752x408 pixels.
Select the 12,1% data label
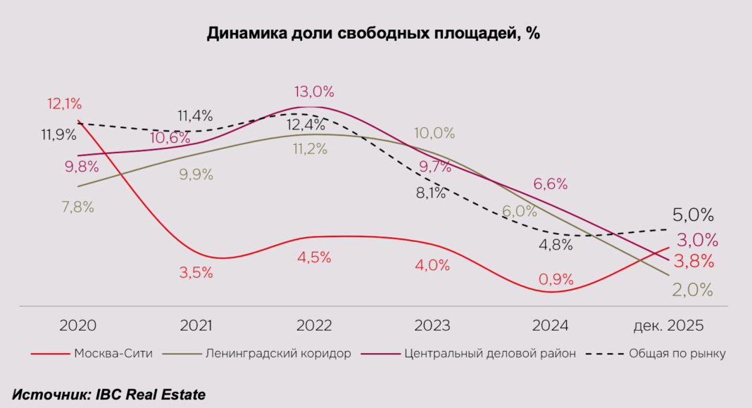coord(65,104)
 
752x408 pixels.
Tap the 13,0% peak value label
coord(314,91)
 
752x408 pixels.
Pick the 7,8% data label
coord(77,208)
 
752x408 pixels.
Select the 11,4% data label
coord(195,116)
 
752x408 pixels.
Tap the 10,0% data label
coord(434,133)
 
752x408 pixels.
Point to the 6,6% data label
coord(551,184)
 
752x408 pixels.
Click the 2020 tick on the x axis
coord(77,326)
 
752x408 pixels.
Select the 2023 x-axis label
coord(432,326)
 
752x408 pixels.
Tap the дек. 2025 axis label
coord(669,326)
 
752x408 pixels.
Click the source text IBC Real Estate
coord(108,395)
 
